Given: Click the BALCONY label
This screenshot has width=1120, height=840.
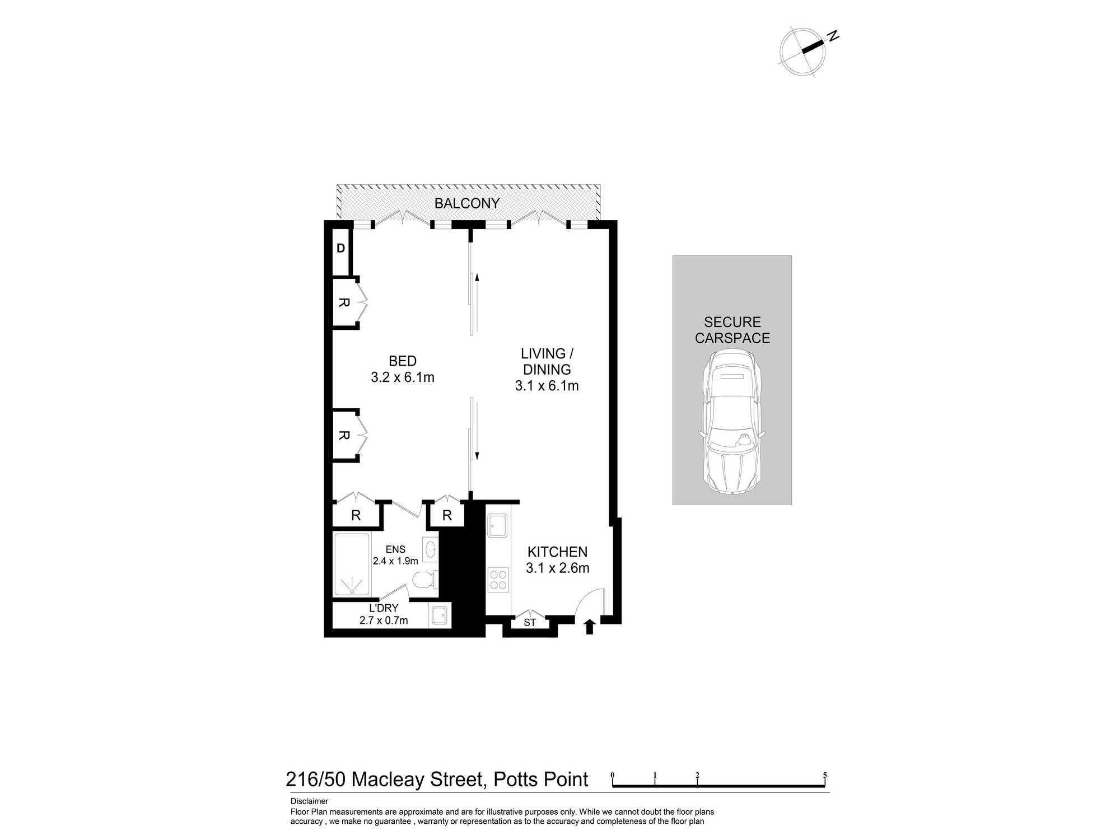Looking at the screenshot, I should [x=466, y=203].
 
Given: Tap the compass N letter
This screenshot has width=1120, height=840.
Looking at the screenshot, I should [x=833, y=36].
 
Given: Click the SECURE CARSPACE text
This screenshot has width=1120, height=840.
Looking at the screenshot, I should [x=732, y=330].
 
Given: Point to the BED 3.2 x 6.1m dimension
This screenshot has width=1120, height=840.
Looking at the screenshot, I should [x=402, y=377].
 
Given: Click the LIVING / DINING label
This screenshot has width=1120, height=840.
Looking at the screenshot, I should [x=547, y=361].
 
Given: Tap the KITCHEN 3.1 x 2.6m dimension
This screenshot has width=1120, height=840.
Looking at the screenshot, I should [x=557, y=568].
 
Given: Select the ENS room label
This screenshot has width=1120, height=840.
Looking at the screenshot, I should [x=395, y=549].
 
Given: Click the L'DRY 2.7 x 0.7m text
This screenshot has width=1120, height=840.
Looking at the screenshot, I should [x=384, y=614].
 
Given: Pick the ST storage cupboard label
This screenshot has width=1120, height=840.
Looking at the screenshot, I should [x=530, y=623].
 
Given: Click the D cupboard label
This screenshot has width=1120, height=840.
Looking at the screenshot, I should [x=340, y=249].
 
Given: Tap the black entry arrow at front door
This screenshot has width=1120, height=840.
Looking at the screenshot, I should [x=589, y=627].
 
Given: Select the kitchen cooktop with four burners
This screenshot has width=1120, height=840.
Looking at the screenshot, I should [x=498, y=580].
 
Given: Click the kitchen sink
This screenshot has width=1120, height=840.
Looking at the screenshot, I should [x=497, y=526].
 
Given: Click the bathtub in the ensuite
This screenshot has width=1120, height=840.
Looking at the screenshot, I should [x=352, y=564].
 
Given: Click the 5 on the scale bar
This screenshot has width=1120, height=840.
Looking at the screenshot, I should [x=824, y=776].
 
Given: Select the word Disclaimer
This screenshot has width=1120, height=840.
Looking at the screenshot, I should [x=309, y=801].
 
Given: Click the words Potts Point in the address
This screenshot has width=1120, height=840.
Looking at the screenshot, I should [x=540, y=780].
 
